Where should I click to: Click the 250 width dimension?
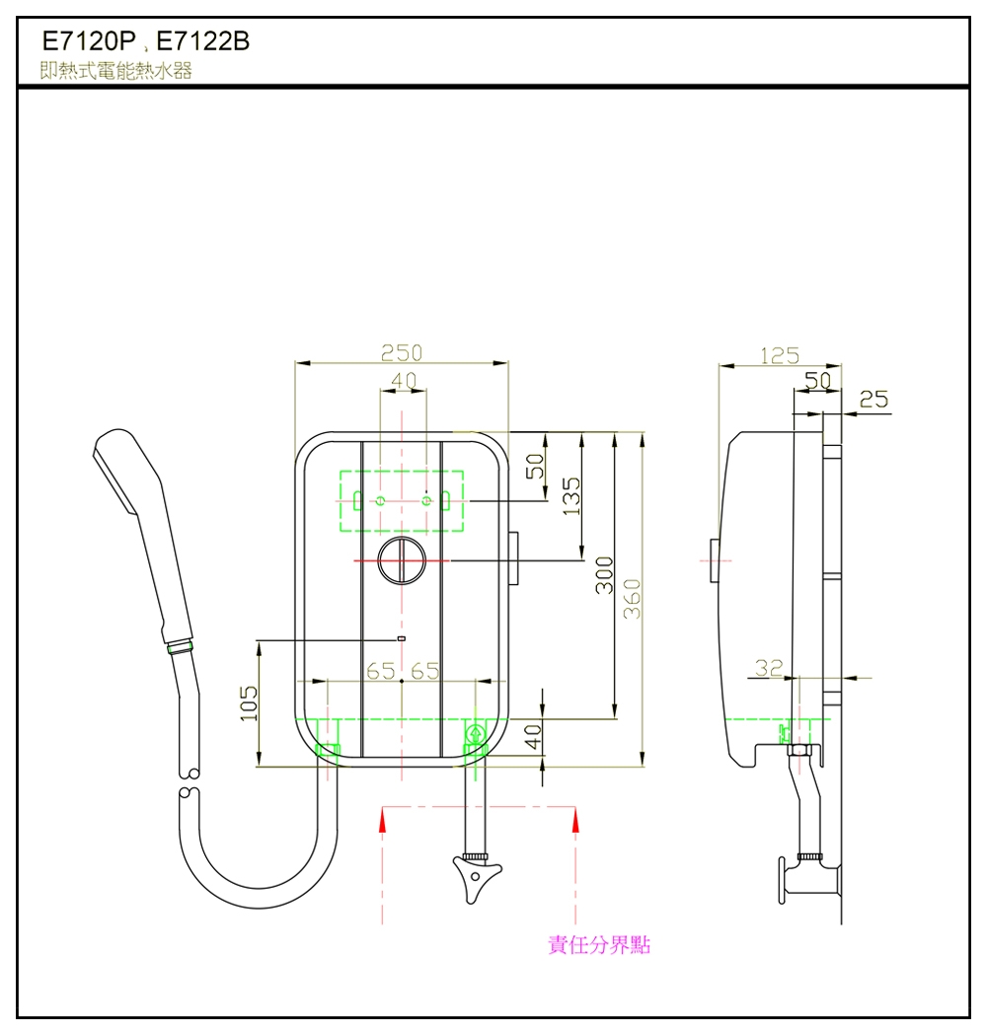(x=402, y=353)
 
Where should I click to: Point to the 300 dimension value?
(x=605, y=575)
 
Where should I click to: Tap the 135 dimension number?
(x=570, y=494)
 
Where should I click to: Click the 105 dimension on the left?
(x=249, y=703)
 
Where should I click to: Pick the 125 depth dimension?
(x=779, y=356)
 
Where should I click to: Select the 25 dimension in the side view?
(x=873, y=400)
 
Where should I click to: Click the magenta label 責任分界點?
(x=599, y=945)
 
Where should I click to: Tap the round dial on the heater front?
(x=403, y=561)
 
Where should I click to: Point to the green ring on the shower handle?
(x=181, y=648)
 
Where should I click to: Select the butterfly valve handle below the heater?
(x=476, y=874)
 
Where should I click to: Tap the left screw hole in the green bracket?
(x=381, y=501)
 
